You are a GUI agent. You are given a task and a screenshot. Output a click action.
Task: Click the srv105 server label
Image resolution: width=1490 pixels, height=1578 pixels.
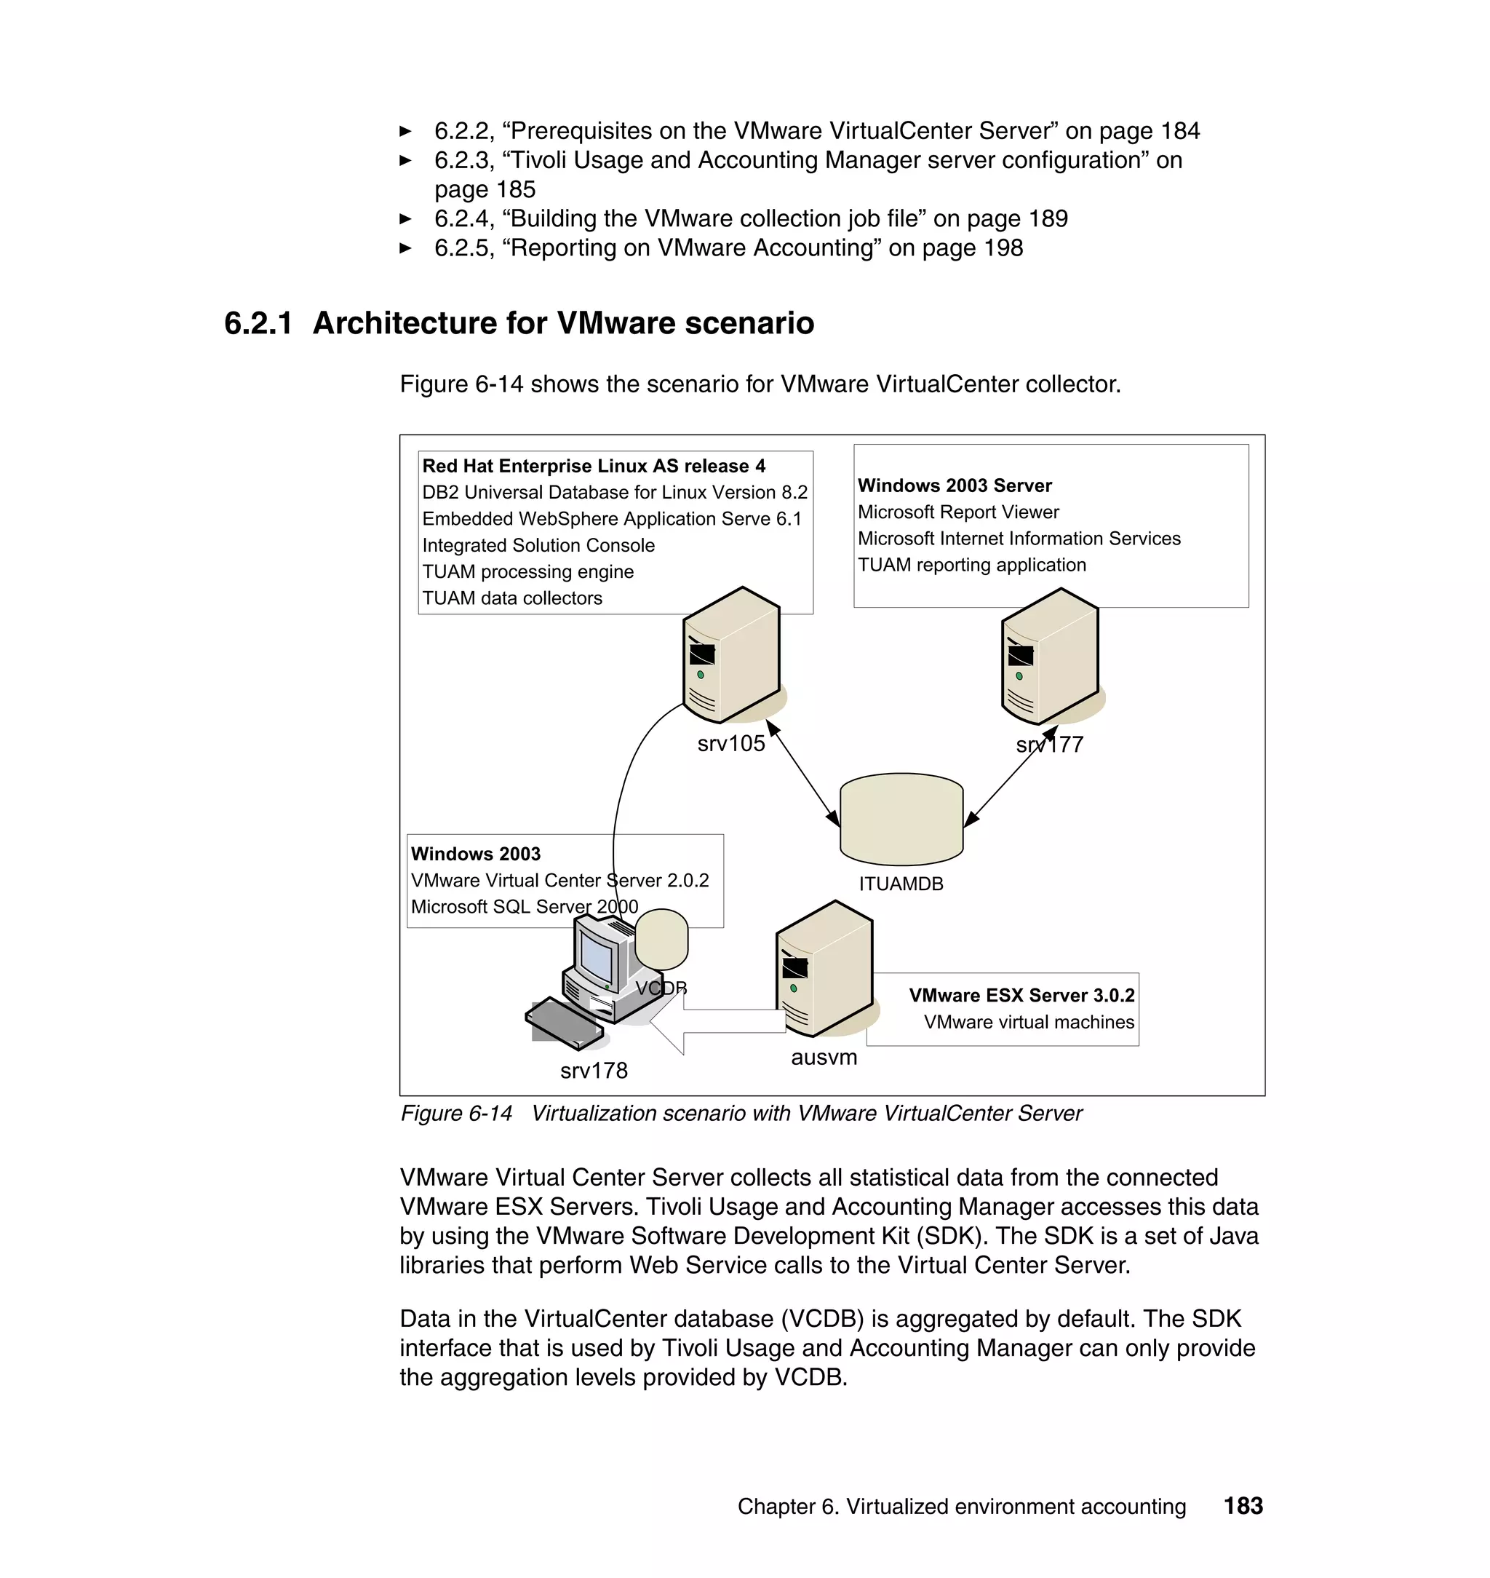(x=730, y=744)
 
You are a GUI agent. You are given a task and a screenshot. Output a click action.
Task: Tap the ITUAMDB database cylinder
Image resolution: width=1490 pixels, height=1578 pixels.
(x=901, y=821)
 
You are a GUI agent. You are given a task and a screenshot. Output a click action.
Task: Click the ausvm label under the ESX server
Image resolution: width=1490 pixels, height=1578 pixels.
(x=824, y=1058)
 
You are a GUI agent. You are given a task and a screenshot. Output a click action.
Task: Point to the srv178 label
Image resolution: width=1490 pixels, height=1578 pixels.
(x=593, y=1071)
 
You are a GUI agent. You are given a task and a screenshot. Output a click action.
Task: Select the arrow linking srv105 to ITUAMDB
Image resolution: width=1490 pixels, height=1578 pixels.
(x=803, y=774)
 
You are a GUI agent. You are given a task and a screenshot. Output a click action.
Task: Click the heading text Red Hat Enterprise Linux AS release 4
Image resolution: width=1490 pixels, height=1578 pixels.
(x=593, y=467)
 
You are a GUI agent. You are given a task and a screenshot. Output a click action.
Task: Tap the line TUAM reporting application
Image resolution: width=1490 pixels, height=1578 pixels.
(x=971, y=565)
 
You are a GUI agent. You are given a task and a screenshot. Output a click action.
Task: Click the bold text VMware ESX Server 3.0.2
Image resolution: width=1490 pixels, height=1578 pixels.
(x=1021, y=996)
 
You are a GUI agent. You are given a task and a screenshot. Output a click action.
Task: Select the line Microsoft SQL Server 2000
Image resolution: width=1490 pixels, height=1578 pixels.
(x=525, y=907)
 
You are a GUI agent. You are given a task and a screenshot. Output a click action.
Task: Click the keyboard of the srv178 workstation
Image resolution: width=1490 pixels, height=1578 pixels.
(x=564, y=1023)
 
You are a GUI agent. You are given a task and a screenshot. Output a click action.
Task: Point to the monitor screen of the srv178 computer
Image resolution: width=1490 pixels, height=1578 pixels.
(x=597, y=957)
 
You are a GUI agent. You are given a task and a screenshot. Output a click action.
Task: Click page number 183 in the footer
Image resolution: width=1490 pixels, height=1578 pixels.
(x=1243, y=1506)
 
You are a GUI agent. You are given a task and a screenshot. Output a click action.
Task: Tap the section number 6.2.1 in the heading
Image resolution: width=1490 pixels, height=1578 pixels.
(x=258, y=323)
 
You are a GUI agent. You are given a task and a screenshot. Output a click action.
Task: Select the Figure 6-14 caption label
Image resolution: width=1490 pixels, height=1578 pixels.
(x=456, y=1113)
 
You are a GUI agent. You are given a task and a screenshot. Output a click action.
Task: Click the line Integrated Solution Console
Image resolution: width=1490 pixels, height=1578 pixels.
(x=538, y=546)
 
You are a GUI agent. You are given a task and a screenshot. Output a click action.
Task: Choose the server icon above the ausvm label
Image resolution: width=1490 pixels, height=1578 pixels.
(x=824, y=970)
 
